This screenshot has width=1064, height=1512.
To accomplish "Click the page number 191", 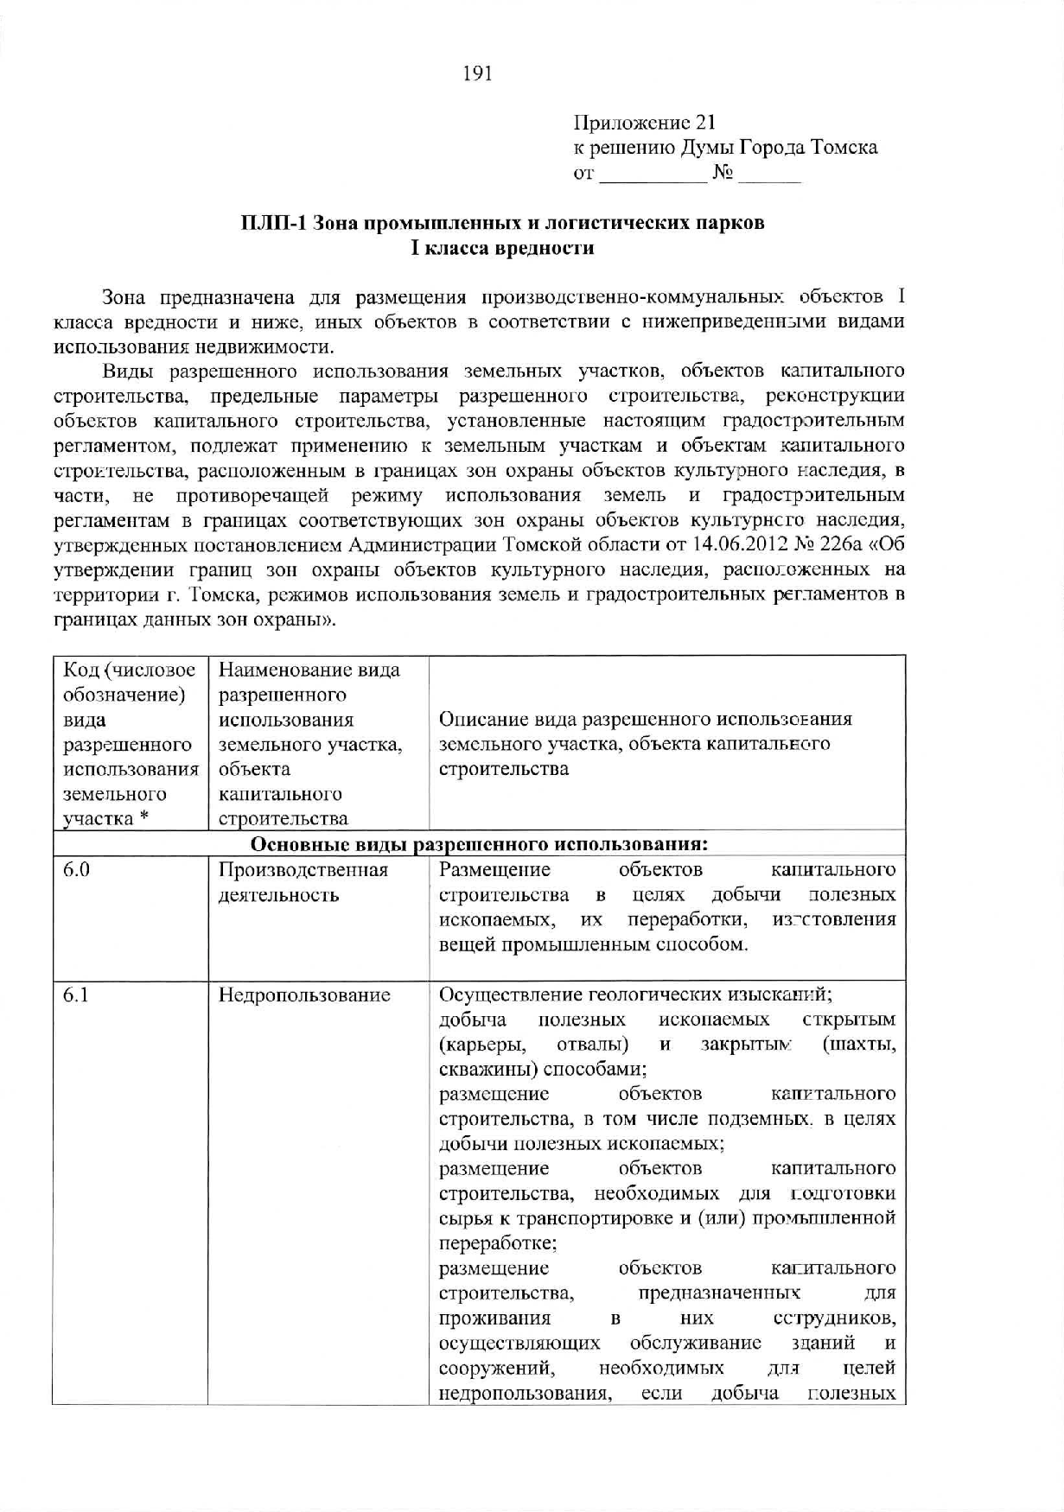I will coord(478,74).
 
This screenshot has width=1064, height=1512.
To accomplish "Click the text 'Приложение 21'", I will coord(644,124).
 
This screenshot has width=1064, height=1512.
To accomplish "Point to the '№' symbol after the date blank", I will coord(723,173).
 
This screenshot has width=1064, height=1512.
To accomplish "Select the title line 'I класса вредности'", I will coord(502,249).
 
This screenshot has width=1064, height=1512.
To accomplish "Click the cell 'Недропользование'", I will coord(304,995).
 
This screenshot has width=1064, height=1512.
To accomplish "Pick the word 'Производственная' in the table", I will coord(303,869).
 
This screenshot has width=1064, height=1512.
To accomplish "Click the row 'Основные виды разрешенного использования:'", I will coord(480,843).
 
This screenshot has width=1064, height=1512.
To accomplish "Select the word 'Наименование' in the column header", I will coord(275,670).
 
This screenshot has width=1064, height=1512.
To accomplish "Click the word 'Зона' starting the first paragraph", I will coord(123,298).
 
